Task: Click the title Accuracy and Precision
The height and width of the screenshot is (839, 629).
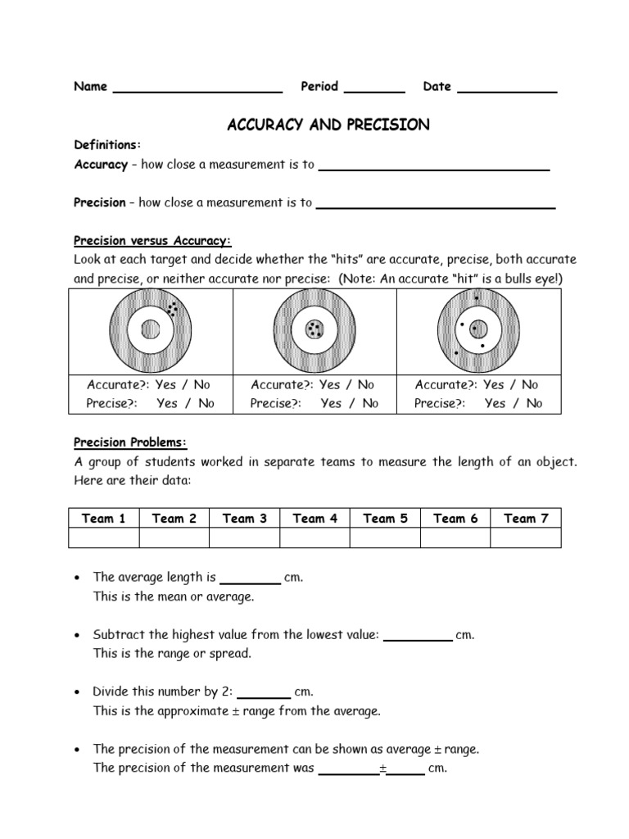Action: click(x=328, y=125)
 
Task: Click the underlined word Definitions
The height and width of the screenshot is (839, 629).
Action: click(x=107, y=145)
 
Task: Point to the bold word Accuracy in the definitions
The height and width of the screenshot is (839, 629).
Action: click(x=101, y=165)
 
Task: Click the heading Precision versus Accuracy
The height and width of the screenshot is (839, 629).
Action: click(x=153, y=241)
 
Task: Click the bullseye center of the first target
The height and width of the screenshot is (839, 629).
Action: click(x=150, y=329)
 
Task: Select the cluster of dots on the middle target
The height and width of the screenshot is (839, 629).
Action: click(x=314, y=329)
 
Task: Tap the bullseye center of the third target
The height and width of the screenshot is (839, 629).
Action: click(x=478, y=329)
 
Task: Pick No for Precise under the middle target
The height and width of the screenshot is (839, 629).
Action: click(x=370, y=403)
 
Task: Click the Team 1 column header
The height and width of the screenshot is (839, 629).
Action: click(x=104, y=518)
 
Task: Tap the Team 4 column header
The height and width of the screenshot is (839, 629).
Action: click(x=314, y=518)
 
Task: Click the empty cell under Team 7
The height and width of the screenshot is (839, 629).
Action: click(x=526, y=537)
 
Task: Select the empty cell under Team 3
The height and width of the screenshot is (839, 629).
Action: click(x=245, y=537)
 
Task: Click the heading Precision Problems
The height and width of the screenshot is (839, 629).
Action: click(x=130, y=443)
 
